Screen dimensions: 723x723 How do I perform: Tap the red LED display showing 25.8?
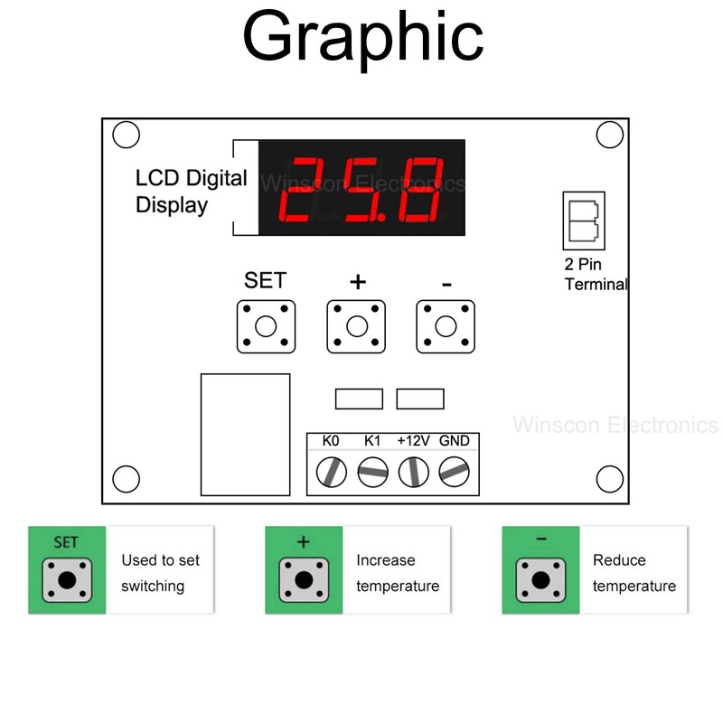click(x=362, y=188)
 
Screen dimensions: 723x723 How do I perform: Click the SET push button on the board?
click(x=266, y=326)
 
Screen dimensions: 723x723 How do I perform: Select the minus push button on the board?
click(x=446, y=326)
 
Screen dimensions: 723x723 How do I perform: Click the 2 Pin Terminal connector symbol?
click(x=583, y=220)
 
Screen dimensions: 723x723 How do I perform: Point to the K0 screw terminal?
click(x=333, y=471)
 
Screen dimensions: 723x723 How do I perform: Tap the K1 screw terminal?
click(x=372, y=471)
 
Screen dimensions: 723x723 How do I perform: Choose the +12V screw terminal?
click(x=413, y=471)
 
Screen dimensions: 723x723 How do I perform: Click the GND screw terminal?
click(x=454, y=471)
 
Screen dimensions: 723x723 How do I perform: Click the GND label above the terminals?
click(x=454, y=441)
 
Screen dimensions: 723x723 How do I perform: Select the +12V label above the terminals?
click(x=413, y=441)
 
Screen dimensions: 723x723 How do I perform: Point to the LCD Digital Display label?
click(x=191, y=191)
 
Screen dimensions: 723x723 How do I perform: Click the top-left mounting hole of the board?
click(x=127, y=136)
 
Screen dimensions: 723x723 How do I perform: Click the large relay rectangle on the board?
click(x=245, y=435)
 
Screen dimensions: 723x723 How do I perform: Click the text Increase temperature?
click(x=398, y=573)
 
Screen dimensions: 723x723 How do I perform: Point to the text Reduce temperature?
click(x=634, y=573)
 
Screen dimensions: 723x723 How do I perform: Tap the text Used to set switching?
click(x=160, y=573)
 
